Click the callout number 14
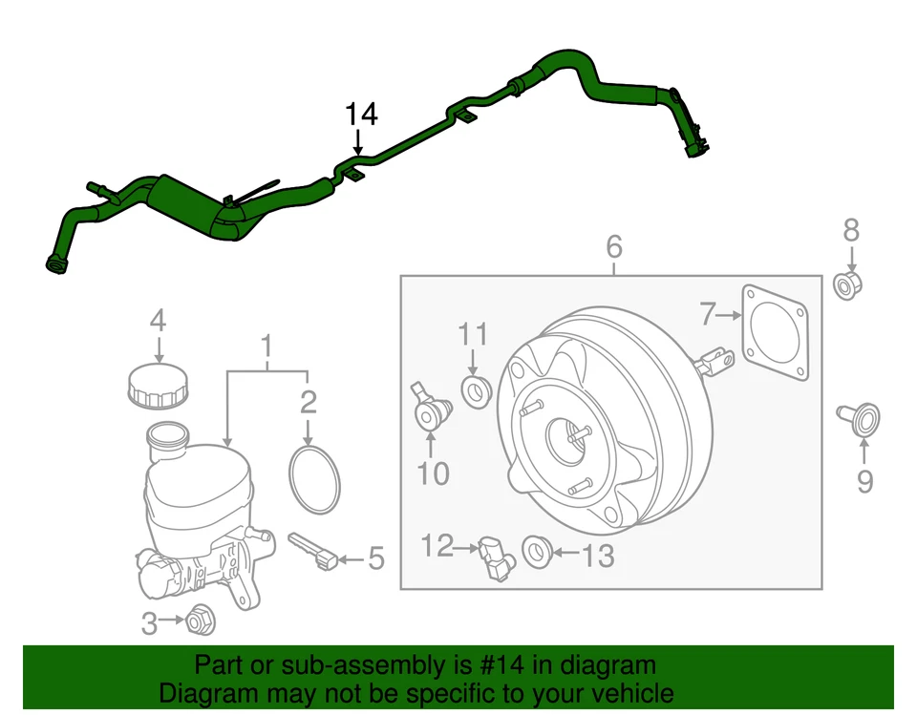[x=361, y=115]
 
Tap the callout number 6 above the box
[x=614, y=247]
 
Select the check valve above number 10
[x=427, y=409]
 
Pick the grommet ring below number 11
[x=475, y=389]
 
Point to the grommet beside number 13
[x=538, y=551]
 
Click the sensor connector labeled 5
[x=316, y=549]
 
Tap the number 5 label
[x=375, y=558]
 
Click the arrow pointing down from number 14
[x=358, y=143]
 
